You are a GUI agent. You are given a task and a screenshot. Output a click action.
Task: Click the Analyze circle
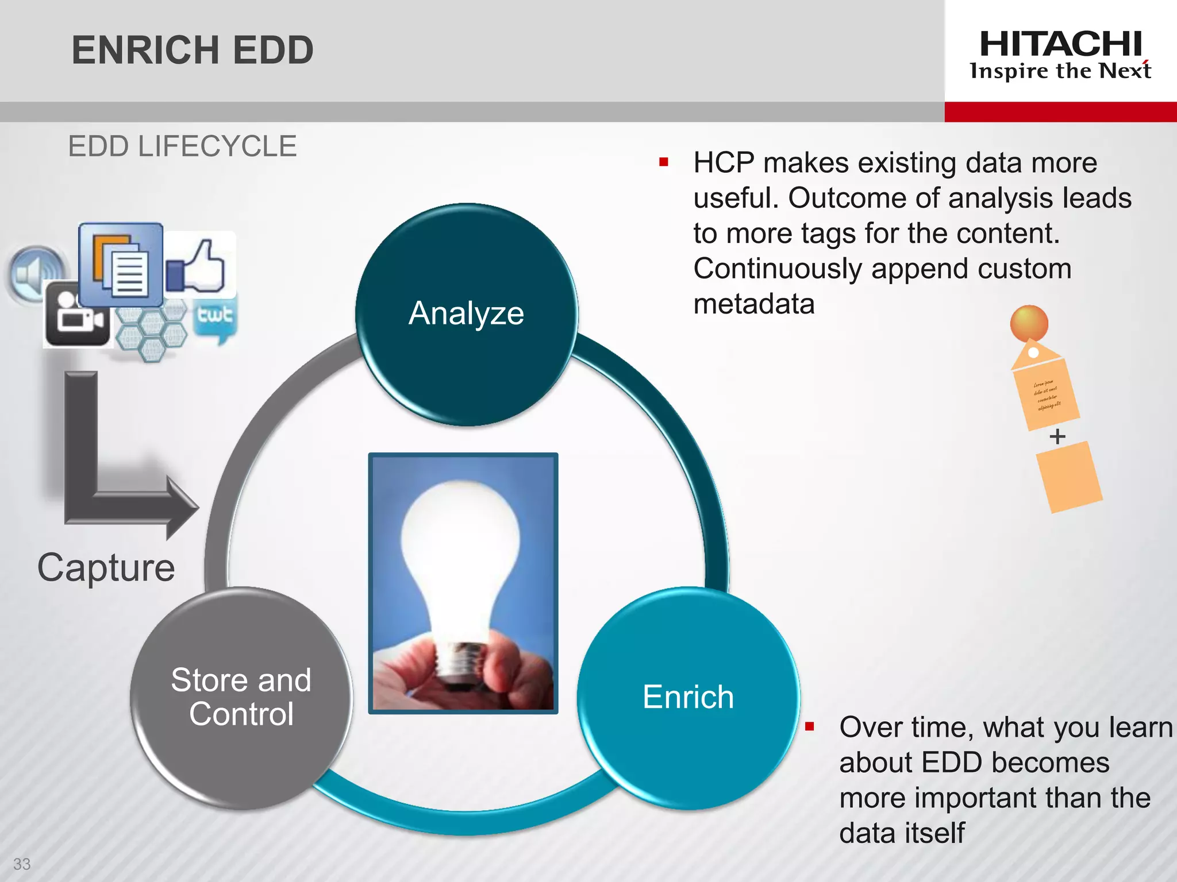tap(466, 315)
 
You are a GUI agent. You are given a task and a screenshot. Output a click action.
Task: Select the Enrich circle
tap(688, 697)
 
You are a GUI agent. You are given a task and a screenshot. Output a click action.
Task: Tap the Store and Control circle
tap(241, 697)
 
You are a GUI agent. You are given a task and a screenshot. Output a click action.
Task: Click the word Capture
tap(106, 568)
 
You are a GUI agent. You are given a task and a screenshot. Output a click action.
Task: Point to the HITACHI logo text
tap(1060, 44)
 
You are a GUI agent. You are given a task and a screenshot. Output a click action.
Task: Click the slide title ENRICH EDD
tap(193, 50)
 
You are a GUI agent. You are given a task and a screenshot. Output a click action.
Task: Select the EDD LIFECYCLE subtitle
tap(182, 146)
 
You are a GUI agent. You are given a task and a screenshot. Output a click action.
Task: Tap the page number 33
tap(22, 864)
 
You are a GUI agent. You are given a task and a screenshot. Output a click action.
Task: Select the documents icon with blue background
tap(121, 265)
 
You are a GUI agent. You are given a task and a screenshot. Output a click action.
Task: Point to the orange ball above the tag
tap(1029, 323)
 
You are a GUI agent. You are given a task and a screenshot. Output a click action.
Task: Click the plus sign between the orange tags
tap(1057, 436)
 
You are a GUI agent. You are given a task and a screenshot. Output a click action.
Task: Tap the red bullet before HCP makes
tap(664, 163)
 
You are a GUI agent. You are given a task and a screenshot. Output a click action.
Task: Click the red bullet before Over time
tap(810, 727)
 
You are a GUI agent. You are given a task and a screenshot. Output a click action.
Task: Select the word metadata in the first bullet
tap(754, 304)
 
